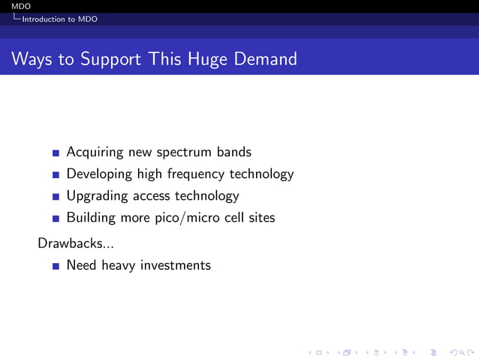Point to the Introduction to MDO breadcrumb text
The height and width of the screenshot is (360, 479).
[59, 19]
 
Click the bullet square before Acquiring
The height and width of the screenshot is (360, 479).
[56, 153]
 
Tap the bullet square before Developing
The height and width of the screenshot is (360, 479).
[56, 175]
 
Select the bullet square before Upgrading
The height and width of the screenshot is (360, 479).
[56, 197]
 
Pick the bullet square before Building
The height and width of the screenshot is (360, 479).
[56, 219]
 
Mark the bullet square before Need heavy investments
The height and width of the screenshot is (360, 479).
[56, 266]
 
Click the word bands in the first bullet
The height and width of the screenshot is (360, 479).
[234, 152]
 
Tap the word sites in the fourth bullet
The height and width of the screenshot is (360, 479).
[259, 218]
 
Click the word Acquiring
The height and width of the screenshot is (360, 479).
[95, 153]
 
